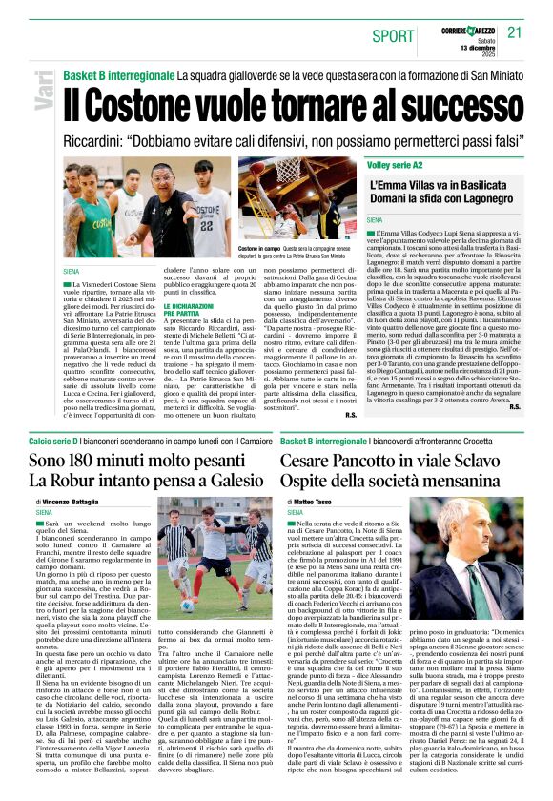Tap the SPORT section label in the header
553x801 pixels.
click(x=393, y=36)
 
